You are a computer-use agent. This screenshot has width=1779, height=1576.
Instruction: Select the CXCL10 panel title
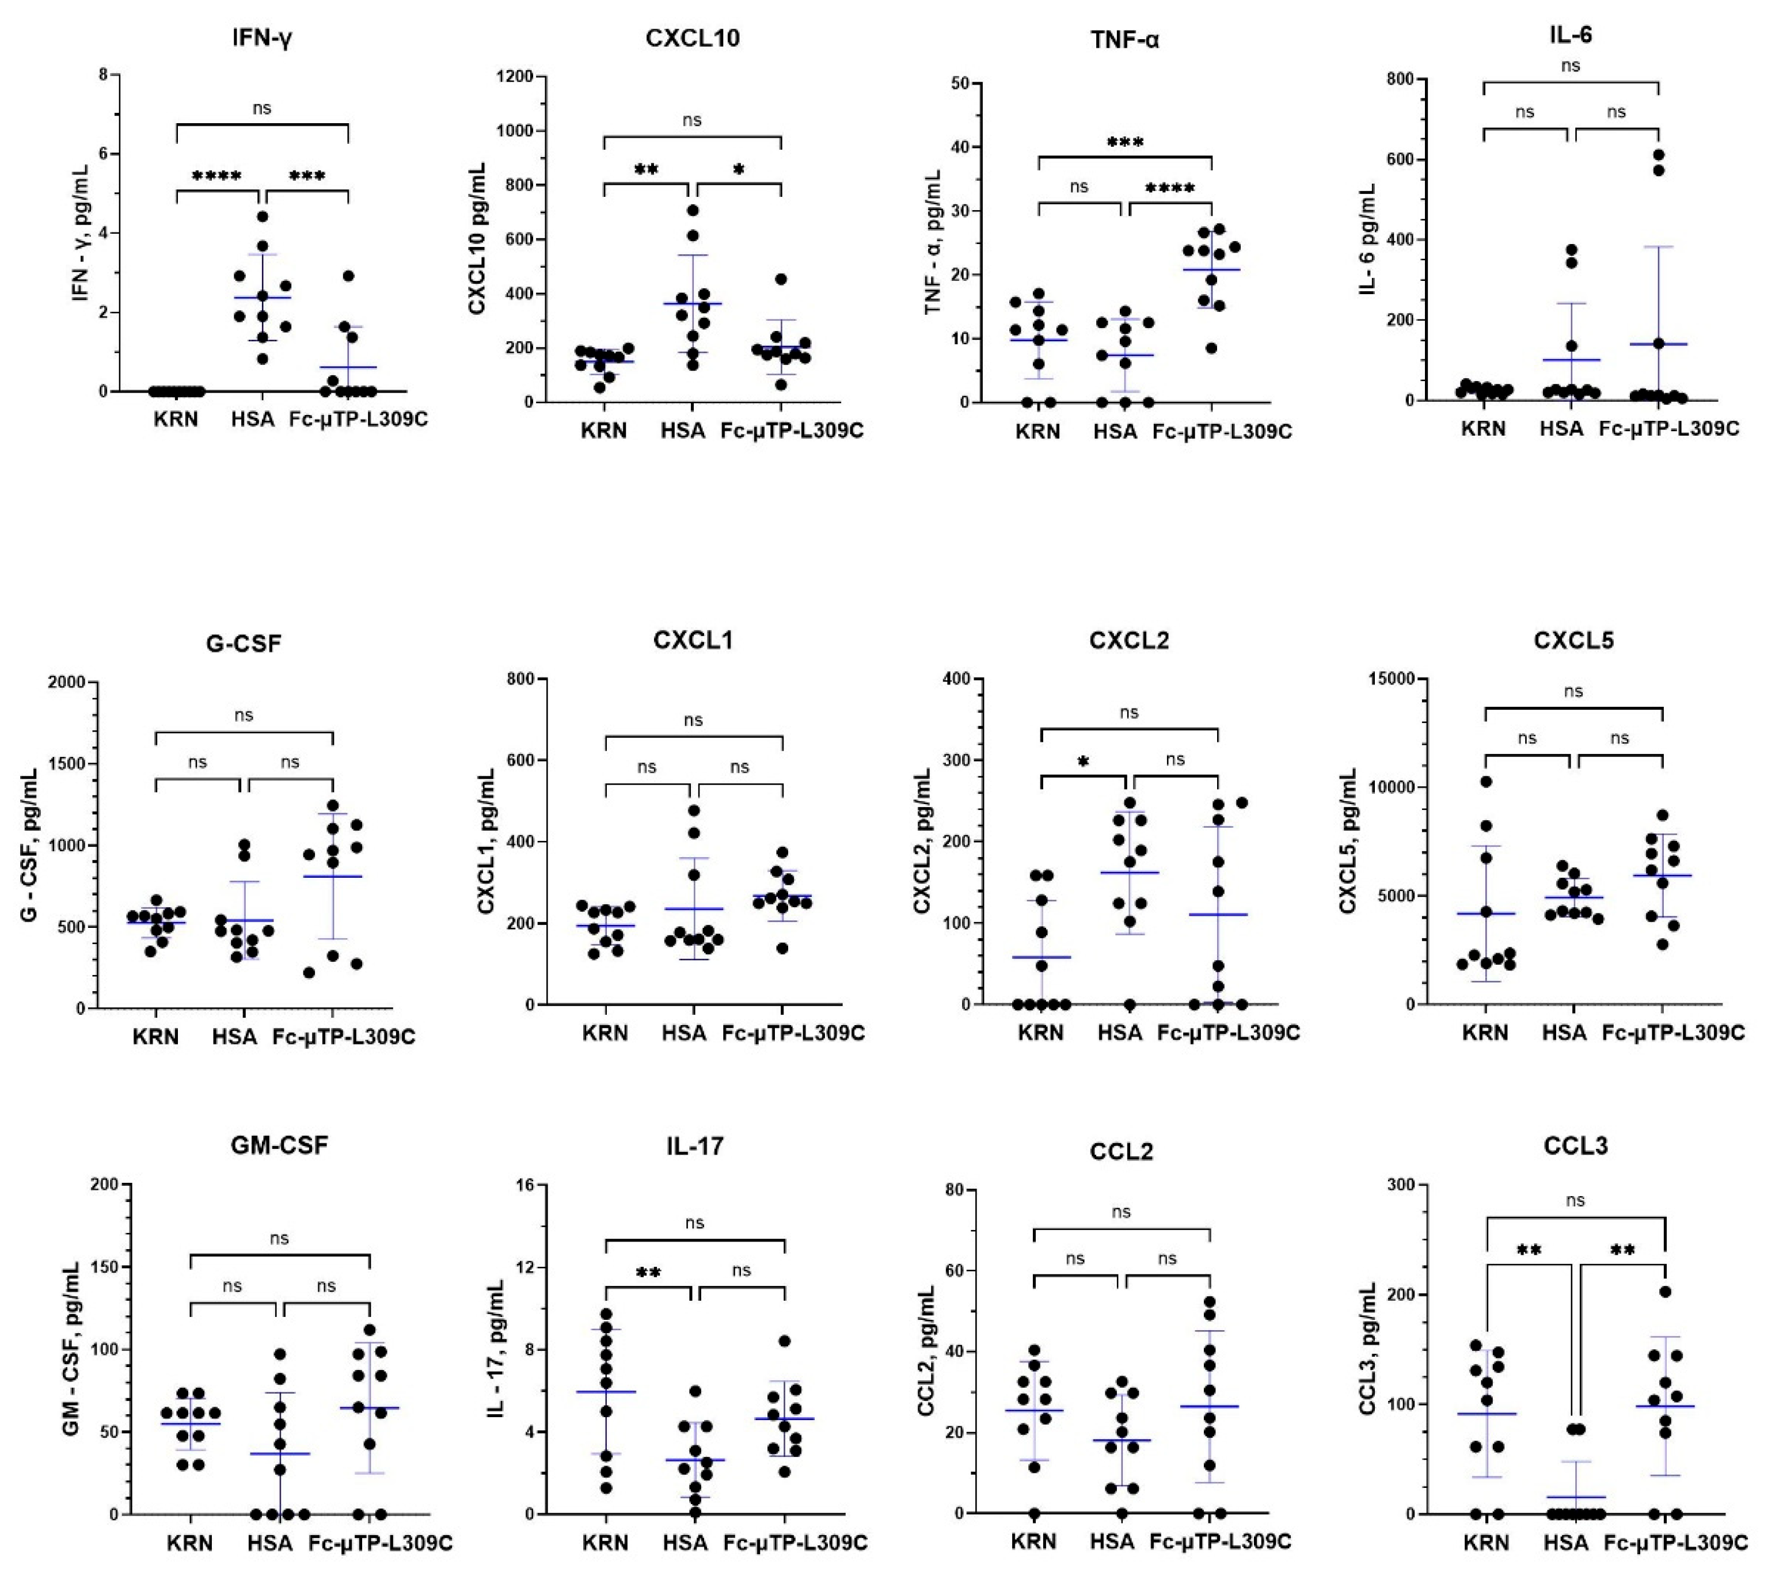693,39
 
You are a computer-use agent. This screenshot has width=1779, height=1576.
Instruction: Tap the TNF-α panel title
1124,39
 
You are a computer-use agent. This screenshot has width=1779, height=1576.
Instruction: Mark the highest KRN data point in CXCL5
1487,782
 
